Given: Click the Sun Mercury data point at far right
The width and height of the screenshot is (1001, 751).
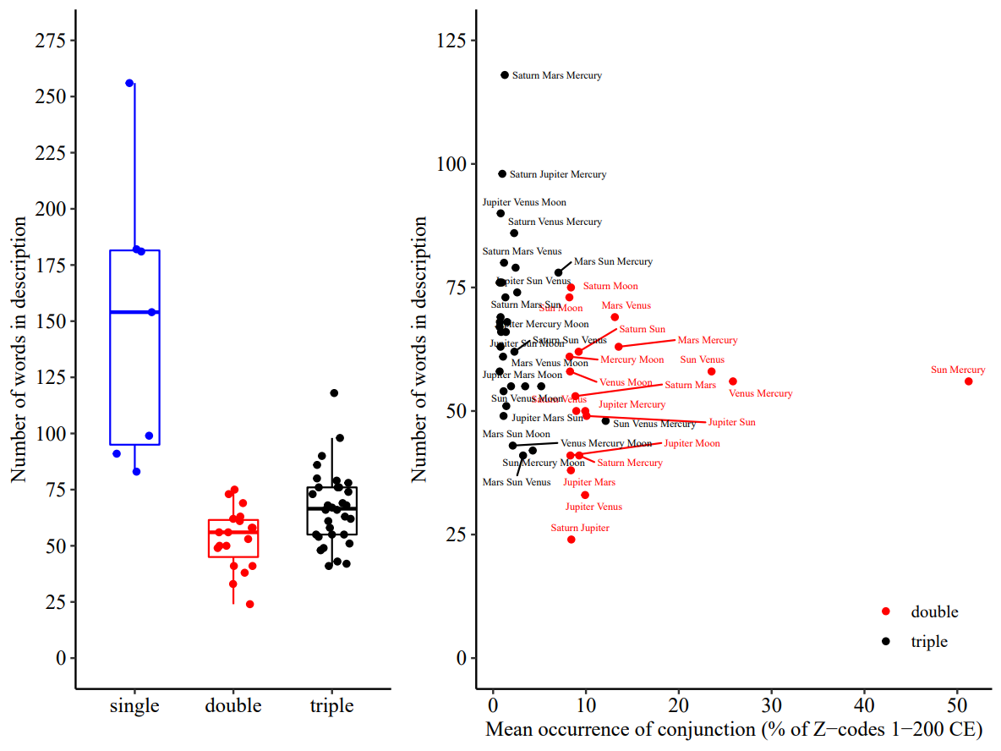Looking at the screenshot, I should (969, 381).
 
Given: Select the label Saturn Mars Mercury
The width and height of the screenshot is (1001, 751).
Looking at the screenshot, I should (557, 76).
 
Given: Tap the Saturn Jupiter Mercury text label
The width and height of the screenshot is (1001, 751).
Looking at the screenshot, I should (558, 175).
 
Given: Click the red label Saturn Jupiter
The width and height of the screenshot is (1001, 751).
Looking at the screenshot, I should (580, 529).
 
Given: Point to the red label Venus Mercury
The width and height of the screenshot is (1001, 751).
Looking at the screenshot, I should (761, 394).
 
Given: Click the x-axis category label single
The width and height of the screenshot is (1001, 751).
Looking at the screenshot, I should (134, 706).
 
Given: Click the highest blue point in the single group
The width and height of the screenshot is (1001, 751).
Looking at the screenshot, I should (129, 83).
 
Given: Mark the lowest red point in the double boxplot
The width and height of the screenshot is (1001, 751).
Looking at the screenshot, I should (249, 604).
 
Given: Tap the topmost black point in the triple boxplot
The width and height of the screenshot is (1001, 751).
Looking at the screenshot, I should (334, 393).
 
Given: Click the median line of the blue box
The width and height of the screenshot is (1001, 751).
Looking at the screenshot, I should (134, 312).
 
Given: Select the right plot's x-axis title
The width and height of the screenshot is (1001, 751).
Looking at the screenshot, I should (733, 730).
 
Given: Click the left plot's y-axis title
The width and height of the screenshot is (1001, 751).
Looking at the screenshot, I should (19, 349).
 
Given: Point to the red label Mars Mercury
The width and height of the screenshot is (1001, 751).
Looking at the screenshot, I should (708, 341).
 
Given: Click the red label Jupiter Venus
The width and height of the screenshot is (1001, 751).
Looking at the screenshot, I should (593, 507).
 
